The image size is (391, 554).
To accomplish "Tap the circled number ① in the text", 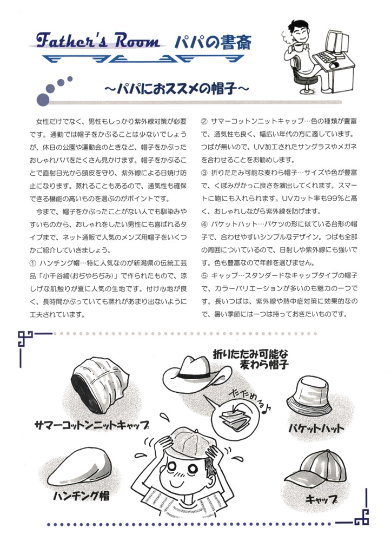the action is click(33, 263).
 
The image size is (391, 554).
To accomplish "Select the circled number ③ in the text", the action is click(204, 173).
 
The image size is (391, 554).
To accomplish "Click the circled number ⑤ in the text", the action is click(204, 275).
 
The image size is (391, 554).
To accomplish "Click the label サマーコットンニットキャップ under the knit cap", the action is click(92, 425).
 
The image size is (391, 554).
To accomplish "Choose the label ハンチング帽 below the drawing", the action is click(81, 495).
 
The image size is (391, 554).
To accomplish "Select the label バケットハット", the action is click(316, 428).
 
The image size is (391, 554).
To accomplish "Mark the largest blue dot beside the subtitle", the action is click(43, 100).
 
